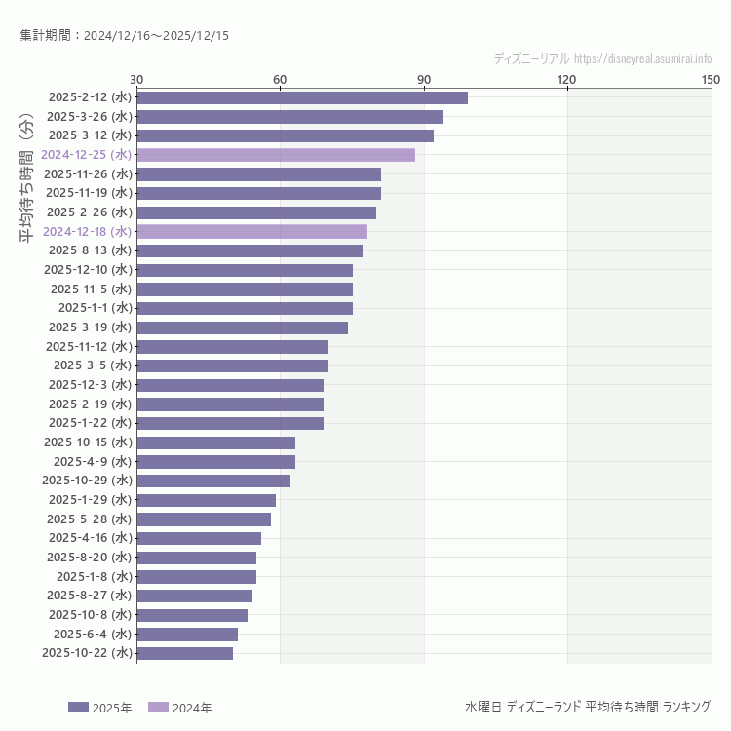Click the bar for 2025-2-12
302,97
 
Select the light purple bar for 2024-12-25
276,155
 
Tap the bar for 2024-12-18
251,231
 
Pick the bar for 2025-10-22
185,653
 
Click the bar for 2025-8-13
250,250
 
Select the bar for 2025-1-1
245,308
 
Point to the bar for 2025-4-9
215,462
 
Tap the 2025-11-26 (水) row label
88,174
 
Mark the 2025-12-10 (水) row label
88,270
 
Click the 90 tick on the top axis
424,79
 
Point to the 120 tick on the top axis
567,79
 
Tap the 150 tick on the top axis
711,79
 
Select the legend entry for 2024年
179,708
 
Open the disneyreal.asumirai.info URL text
643,58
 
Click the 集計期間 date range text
125,36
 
